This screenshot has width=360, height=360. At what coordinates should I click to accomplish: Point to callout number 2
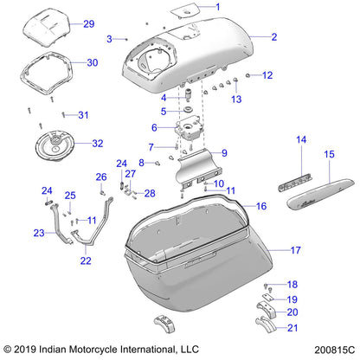tap(273, 37)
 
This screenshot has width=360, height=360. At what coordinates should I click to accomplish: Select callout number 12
tap(267, 75)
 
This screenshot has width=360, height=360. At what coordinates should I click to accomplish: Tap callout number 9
tap(223, 153)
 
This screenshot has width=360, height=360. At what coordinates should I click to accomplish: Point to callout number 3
tap(110, 39)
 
